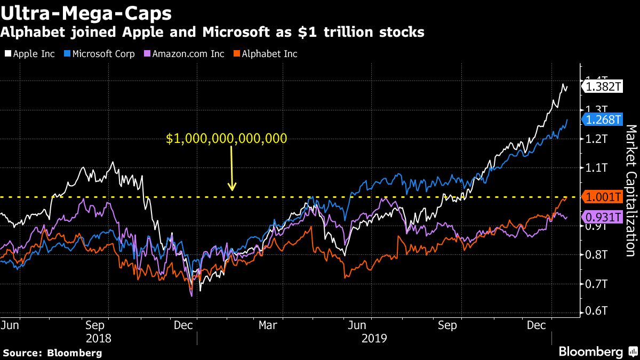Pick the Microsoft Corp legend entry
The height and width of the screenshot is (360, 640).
pos(99,54)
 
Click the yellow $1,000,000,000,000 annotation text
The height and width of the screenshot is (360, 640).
pos(227,139)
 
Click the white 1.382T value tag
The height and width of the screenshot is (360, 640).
pos(603,86)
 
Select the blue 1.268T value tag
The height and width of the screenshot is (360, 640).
pos(603,120)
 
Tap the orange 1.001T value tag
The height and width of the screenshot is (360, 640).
pos(603,197)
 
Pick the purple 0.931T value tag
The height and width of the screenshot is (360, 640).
pos(603,217)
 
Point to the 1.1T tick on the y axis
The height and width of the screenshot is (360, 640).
pos(597,168)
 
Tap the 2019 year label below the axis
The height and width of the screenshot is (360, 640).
pos(374,338)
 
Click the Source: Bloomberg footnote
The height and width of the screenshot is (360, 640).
pos(52,353)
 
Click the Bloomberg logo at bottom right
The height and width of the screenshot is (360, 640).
pos(591,352)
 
